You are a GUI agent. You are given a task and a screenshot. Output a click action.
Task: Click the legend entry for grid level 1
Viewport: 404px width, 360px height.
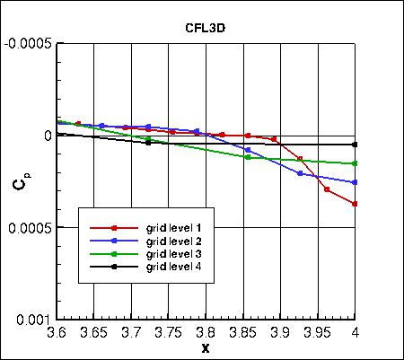[173, 229]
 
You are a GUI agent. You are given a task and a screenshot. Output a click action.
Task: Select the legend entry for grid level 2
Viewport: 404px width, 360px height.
[173, 241]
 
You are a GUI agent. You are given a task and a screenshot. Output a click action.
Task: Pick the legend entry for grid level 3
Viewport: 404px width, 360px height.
[173, 255]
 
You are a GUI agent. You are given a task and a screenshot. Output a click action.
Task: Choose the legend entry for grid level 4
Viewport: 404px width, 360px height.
[173, 268]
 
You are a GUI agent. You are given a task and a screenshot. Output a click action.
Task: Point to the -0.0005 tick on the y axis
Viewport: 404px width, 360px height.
[28, 42]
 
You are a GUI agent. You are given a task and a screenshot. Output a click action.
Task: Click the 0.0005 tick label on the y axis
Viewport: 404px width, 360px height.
[30, 227]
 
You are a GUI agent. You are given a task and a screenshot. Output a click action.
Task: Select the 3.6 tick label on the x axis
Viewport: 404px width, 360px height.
[58, 332]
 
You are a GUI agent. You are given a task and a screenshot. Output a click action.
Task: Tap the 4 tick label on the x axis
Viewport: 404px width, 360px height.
[356, 332]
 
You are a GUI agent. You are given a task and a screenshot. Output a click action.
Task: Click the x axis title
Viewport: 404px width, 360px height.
[206, 347]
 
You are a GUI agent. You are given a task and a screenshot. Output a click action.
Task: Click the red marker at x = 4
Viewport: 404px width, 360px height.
[356, 204]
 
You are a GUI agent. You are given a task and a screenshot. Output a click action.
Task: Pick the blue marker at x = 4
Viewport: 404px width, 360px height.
[356, 182]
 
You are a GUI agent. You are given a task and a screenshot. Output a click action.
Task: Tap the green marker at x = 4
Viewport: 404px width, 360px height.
[356, 163]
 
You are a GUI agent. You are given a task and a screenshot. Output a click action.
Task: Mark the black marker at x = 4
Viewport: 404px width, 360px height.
[356, 145]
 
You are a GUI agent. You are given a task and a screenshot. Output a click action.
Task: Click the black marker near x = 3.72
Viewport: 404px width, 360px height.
[148, 142]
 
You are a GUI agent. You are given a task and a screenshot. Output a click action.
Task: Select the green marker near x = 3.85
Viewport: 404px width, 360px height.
[248, 157]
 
